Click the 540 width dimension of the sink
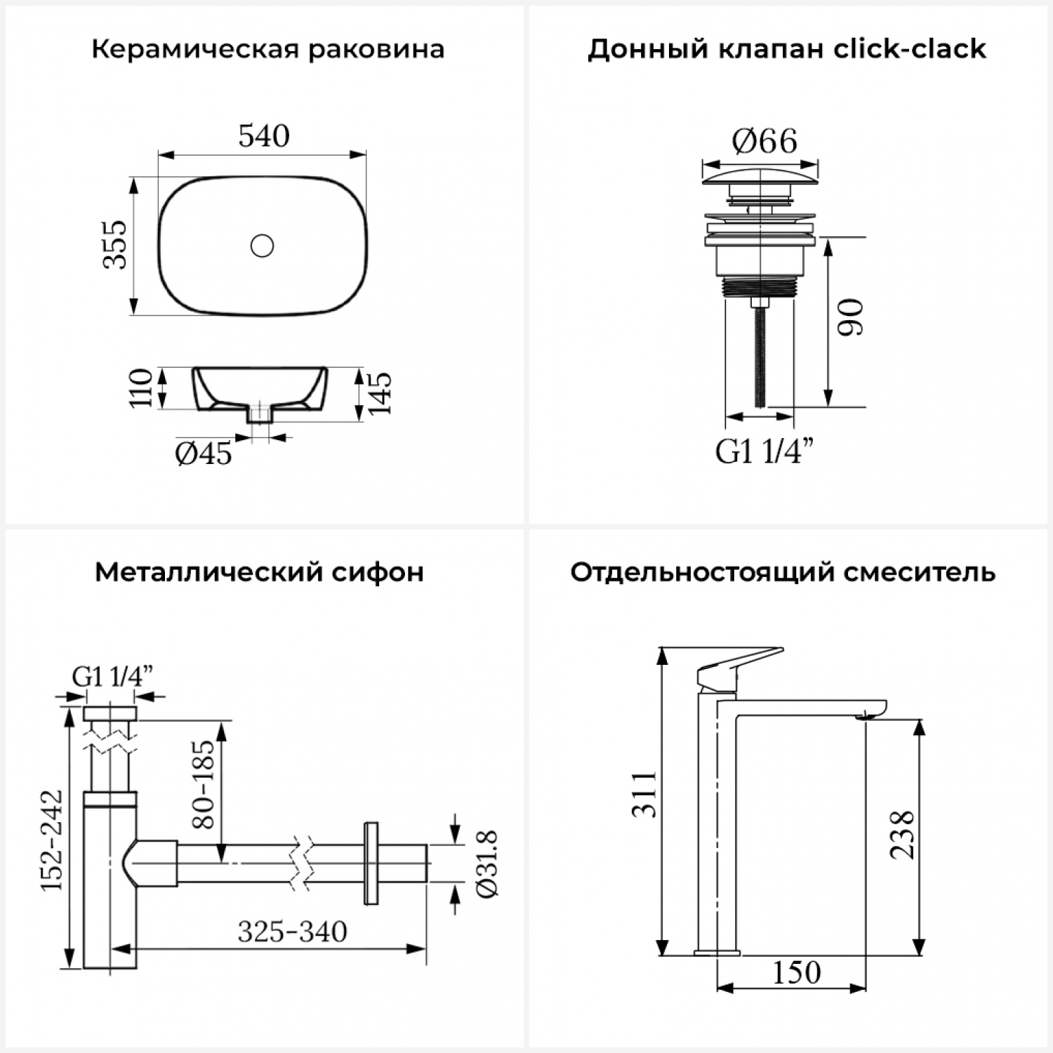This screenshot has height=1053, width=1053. click(264, 135)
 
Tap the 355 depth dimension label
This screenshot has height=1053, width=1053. click(115, 244)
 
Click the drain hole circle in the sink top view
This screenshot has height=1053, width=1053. click(262, 246)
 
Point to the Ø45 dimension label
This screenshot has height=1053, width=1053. click(203, 453)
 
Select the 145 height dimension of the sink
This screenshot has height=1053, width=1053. click(379, 392)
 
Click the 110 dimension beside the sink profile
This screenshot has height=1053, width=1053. click(141, 387)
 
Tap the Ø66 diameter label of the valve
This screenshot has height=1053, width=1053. click(764, 141)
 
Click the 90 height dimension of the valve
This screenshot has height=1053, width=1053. click(852, 317)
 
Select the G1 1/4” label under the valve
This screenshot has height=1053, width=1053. click(765, 451)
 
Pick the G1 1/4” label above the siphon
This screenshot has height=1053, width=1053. click(112, 676)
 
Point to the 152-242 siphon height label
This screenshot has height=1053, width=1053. click(51, 840)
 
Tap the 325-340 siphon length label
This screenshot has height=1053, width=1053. click(292, 932)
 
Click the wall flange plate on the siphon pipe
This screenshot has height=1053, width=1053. click(371, 863)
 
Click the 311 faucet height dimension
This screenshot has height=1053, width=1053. click(644, 794)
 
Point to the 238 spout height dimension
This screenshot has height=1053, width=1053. click(902, 835)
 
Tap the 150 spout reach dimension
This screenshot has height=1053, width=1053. click(797, 972)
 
